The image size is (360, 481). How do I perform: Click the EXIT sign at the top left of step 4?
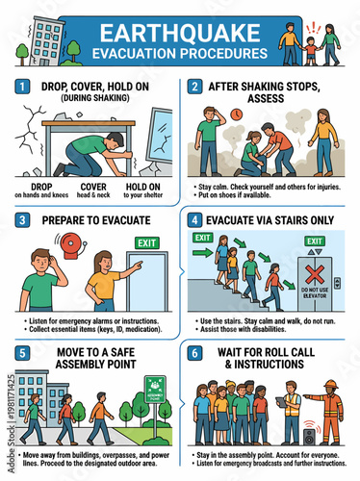tap(202, 237)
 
